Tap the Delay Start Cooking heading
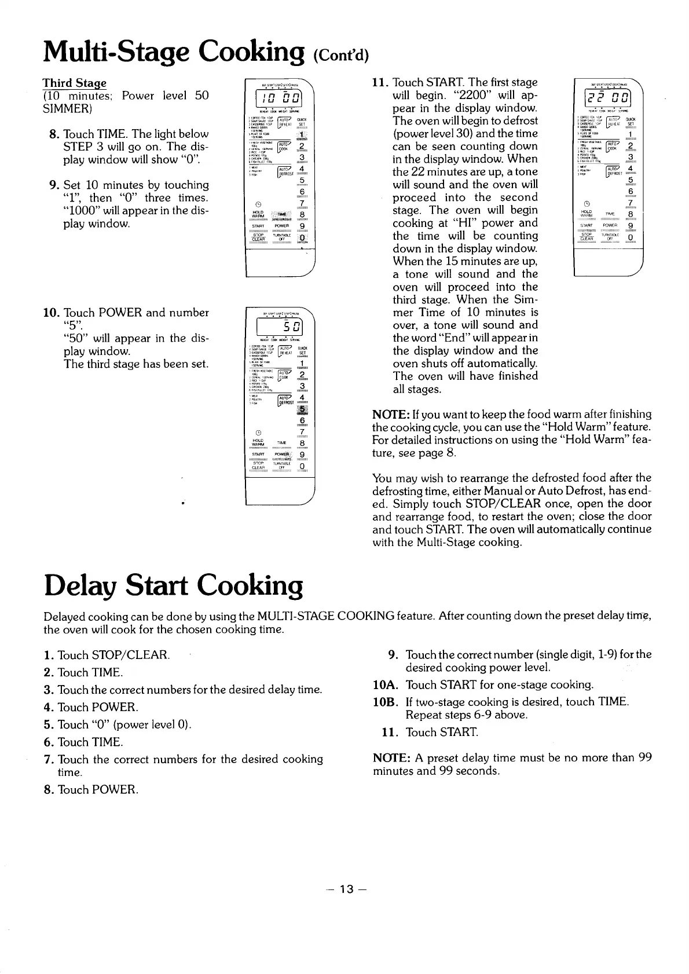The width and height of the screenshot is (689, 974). (x=173, y=587)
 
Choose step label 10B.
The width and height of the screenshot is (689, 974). (x=386, y=702)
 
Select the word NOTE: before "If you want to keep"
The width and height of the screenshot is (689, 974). (x=391, y=415)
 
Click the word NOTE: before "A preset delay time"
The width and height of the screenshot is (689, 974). (x=391, y=759)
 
